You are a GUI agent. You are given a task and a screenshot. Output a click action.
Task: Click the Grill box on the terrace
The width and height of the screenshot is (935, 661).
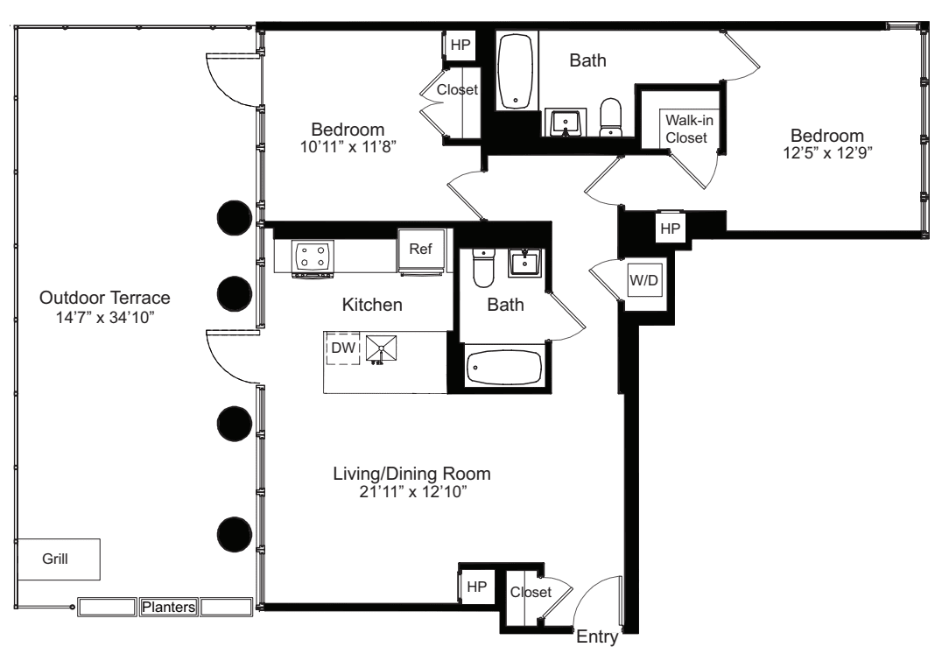click(57, 559)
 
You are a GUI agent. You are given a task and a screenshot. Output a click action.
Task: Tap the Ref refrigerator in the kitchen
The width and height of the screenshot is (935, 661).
click(420, 249)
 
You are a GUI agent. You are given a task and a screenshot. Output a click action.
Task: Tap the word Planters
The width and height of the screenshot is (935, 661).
click(169, 607)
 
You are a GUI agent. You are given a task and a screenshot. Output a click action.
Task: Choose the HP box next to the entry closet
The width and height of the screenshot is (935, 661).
click(475, 587)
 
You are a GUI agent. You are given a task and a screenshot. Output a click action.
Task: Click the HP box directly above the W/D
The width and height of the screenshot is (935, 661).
click(670, 228)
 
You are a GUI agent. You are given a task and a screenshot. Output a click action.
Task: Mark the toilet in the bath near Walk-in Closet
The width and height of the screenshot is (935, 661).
click(610, 116)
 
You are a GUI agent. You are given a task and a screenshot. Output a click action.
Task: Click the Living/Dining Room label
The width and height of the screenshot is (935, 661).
click(411, 474)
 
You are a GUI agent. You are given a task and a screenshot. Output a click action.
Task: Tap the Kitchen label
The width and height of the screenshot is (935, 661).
click(372, 306)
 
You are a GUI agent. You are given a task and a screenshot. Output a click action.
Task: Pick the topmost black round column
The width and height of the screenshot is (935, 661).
click(234, 217)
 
